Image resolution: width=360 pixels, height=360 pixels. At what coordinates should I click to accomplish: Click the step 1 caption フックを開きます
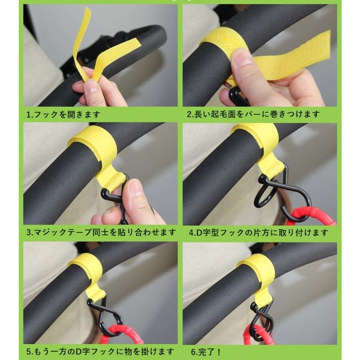pyautogui.click(x=63, y=114)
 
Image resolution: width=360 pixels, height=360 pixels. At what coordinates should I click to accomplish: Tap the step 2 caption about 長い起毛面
pyautogui.click(x=253, y=114)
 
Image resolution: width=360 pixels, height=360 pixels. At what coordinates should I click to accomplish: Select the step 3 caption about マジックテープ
pyautogui.click(x=101, y=232)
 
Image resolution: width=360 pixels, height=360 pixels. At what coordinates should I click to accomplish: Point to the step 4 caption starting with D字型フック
pyautogui.click(x=259, y=232)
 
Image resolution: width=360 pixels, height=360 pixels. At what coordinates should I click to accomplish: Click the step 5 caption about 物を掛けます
pyautogui.click(x=100, y=351)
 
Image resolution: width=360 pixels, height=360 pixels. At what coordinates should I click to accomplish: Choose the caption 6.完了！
pyautogui.click(x=206, y=352)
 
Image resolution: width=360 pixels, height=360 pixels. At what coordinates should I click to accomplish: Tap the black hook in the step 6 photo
pyautogui.click(x=262, y=319)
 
